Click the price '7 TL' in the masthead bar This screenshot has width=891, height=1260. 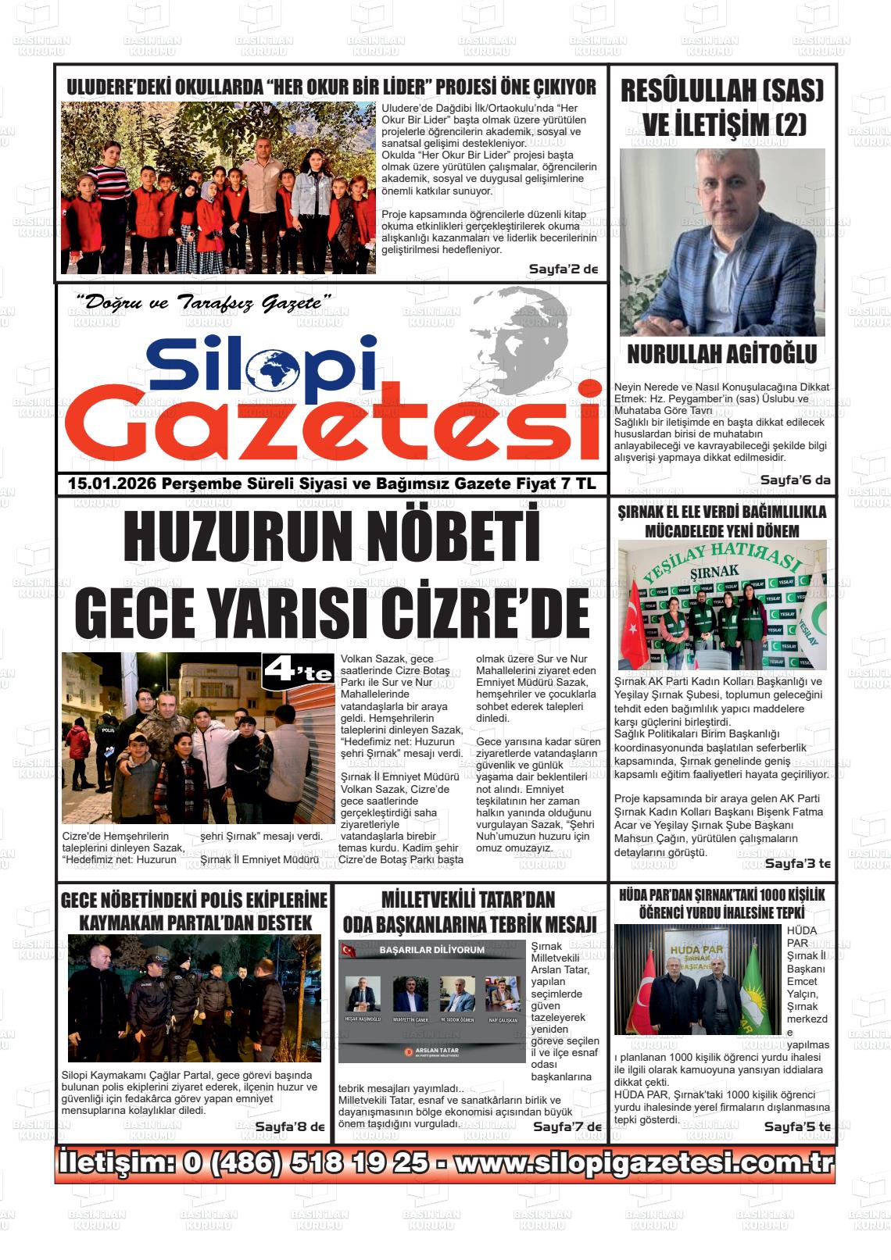click(x=578, y=484)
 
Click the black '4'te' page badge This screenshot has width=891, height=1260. click(x=299, y=670)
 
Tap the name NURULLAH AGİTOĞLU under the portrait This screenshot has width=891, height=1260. click(x=721, y=354)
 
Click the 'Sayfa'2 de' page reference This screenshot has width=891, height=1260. click(x=563, y=269)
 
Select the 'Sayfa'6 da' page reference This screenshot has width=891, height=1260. click(x=796, y=480)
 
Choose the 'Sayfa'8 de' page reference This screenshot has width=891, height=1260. click(x=289, y=1126)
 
